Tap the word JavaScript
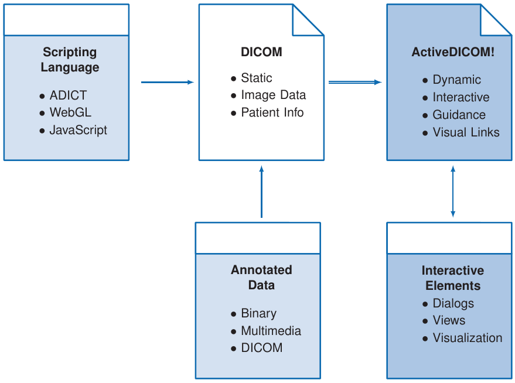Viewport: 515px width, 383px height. click(78, 130)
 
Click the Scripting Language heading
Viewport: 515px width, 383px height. click(70, 60)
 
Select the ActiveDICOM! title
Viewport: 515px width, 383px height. click(453, 52)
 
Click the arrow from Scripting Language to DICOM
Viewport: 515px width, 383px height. click(168, 82)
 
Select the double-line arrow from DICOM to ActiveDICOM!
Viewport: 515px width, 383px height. click(355, 82)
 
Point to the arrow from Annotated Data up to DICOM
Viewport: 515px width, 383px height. click(261, 191)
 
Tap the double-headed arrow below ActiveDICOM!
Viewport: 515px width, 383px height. click(453, 191)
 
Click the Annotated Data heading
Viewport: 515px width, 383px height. click(261, 278)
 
